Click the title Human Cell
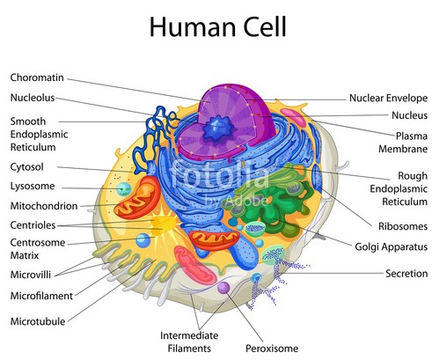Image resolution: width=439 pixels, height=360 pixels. (218, 26)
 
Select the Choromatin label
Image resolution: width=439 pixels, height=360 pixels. (37, 77)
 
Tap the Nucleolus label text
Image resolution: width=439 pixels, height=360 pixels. (33, 98)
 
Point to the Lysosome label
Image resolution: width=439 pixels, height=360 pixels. (33, 186)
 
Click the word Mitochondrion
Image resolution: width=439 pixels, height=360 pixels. (44, 206)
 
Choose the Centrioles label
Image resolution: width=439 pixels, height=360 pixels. (33, 225)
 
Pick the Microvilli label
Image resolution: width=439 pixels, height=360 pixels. (31, 275)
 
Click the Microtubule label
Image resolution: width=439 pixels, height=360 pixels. (38, 321)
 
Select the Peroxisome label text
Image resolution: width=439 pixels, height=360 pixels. (272, 349)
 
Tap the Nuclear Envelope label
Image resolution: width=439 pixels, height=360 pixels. (388, 98)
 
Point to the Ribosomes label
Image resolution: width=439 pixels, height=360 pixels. (403, 226)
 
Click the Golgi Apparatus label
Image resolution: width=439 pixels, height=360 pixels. (391, 247)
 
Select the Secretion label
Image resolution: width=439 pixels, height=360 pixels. (406, 274)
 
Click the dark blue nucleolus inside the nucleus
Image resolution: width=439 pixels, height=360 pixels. (219, 129)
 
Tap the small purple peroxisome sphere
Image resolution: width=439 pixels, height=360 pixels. (223, 288)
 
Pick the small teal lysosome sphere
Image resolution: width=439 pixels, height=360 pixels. (124, 189)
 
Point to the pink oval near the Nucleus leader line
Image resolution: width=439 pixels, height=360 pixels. (293, 117)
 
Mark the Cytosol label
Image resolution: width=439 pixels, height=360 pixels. (27, 167)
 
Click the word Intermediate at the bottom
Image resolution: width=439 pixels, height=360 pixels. (189, 335)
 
